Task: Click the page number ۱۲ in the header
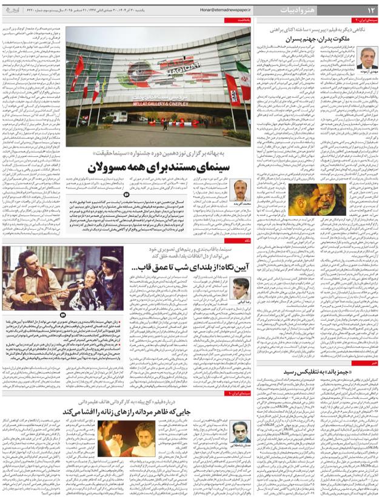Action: click(370, 9)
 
